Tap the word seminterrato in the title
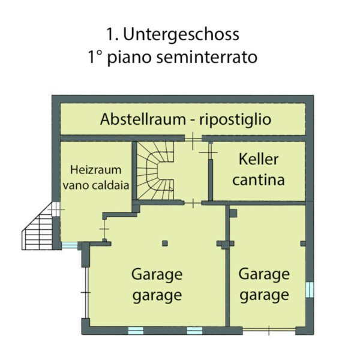(x=206, y=57)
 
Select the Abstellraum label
(x=143, y=119)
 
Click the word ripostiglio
(x=235, y=120)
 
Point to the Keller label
(x=259, y=159)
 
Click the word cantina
(x=259, y=180)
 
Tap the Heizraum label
(x=96, y=170)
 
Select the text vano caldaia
(x=96, y=185)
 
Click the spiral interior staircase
(x=155, y=170)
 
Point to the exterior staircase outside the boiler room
(x=38, y=229)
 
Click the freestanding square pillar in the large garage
(x=165, y=243)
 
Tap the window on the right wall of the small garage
(x=310, y=290)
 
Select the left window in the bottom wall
(x=136, y=331)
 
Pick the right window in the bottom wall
(x=194, y=331)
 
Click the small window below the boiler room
(x=70, y=245)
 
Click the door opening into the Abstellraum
(x=193, y=138)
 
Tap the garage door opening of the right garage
(x=269, y=330)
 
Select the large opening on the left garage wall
(x=86, y=293)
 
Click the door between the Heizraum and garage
(x=104, y=229)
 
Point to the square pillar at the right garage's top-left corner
(x=233, y=213)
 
